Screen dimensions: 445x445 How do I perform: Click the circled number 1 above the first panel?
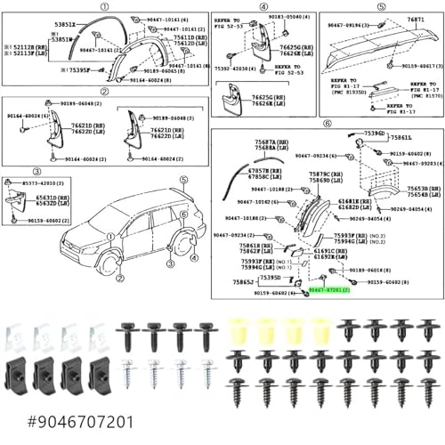click(x=105, y=6)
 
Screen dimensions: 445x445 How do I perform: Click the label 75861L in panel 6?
click(x=400, y=138)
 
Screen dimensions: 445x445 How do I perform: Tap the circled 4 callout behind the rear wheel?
click(x=194, y=259)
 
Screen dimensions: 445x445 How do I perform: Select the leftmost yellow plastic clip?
click(x=239, y=333)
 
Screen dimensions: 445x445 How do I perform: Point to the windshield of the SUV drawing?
click(x=98, y=216)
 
